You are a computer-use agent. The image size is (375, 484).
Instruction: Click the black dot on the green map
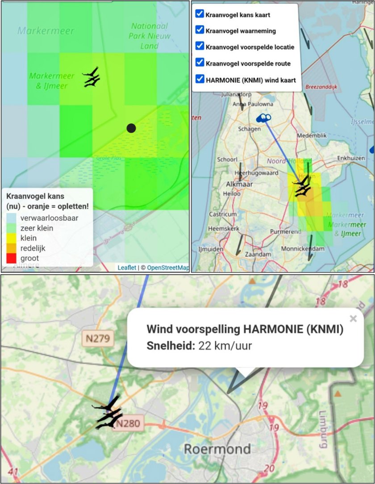(131, 128)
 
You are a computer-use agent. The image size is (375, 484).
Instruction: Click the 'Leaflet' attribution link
(127, 267)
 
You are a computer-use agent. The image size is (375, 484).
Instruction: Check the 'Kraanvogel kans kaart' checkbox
(200, 14)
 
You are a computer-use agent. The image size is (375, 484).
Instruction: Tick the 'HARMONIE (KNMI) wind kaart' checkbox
(200, 79)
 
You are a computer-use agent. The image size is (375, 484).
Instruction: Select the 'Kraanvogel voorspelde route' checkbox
(200, 63)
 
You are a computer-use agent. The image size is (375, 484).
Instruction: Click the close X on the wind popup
(353, 319)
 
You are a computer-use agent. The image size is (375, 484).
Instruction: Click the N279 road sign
(98, 339)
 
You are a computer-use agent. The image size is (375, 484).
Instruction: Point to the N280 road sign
(129, 423)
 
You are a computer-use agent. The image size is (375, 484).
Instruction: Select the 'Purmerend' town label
(285, 231)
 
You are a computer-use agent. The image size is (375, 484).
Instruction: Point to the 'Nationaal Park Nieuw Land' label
(150, 36)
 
